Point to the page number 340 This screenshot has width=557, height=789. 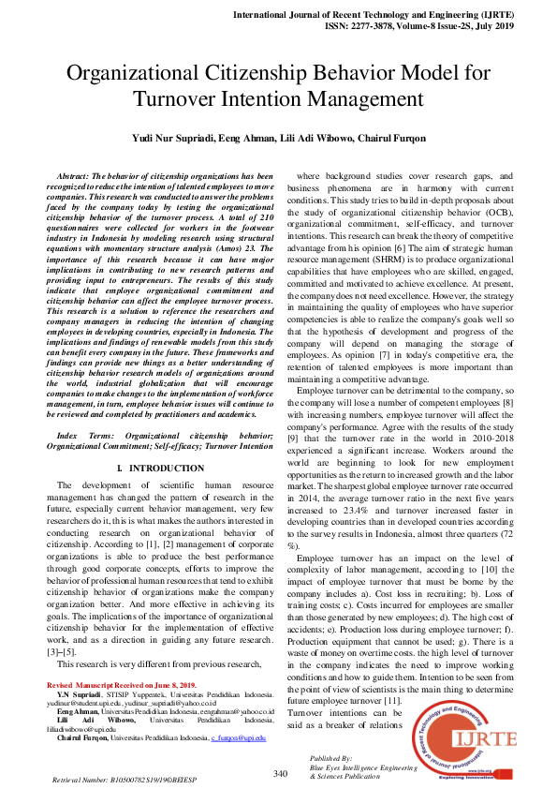pyautogui.click(x=280, y=773)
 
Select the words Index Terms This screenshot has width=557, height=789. pyautogui.click(x=81, y=436)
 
